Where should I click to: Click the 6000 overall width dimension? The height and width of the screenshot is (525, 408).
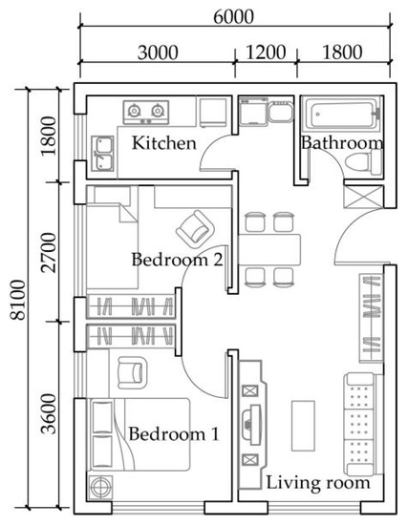coord(234,17)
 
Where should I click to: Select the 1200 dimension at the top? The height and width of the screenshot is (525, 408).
coord(267,52)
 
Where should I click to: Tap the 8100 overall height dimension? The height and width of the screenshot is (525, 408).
coord(18,300)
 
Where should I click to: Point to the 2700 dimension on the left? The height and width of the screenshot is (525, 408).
coord(49,252)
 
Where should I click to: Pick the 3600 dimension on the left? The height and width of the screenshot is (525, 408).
coord(49,414)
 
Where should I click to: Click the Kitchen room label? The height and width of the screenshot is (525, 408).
coord(164,143)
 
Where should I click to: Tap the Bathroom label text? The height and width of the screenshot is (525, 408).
coord(342,142)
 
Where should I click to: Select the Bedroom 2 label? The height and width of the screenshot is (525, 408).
coord(177,260)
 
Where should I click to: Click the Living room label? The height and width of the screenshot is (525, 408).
coord(318,483)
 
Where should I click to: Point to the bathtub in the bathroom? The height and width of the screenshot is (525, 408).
coord(342,114)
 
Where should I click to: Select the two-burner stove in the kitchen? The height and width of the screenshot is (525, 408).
coord(146,113)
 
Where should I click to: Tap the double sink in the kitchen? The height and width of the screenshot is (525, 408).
coord(102,154)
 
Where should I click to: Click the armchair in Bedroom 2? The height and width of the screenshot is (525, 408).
coord(195,229)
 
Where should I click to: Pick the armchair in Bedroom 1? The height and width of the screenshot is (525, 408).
coord(133,372)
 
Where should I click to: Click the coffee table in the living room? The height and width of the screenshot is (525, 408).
coord(303,426)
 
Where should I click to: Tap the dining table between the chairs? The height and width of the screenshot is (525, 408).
coord(269,250)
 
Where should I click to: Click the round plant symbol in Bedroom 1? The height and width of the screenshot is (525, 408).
coord(100,487)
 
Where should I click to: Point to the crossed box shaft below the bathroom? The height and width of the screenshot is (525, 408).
coord(363,198)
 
